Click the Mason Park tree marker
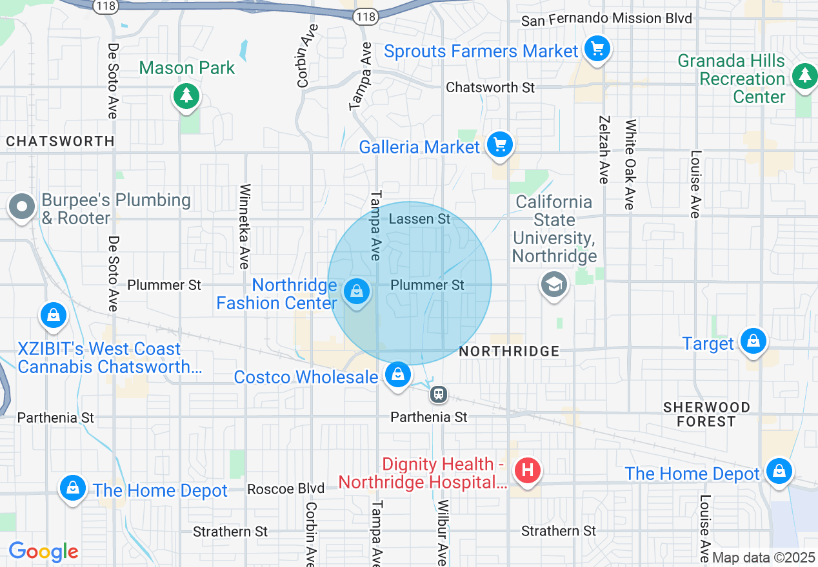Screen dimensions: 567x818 [186, 96]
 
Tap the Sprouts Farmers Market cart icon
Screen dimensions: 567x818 [597, 49]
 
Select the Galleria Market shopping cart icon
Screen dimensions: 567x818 [500, 145]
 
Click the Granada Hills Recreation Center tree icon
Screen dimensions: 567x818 [804, 76]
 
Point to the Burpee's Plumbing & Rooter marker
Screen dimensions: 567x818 [23, 207]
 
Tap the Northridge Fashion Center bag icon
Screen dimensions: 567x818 [355, 292]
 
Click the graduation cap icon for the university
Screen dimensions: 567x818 [554, 284]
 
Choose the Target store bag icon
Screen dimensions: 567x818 [753, 341]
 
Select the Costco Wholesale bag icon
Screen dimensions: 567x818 [398, 374]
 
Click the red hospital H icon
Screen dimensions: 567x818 [527, 470]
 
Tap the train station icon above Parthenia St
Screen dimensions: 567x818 [439, 394]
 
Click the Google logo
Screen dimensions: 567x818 [43, 552]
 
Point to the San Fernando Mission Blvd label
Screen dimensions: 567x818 [606, 19]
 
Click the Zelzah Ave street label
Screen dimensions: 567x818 [604, 149]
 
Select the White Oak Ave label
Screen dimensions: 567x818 [630, 164]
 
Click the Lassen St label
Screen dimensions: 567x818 [420, 219]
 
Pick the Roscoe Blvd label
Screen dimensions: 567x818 [286, 489]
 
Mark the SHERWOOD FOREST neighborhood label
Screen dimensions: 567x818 [706, 414]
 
